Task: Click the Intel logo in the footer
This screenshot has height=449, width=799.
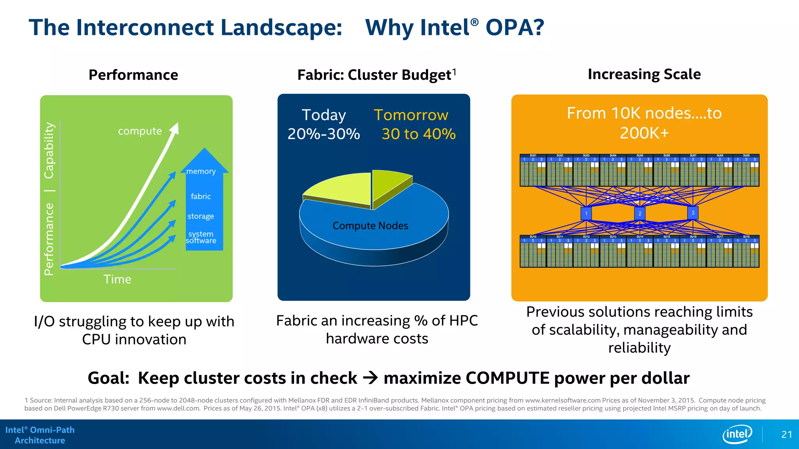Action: click(737, 434)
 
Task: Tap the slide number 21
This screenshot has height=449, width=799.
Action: click(787, 435)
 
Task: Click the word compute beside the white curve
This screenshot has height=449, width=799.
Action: click(140, 131)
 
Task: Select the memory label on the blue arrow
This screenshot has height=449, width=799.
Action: click(201, 171)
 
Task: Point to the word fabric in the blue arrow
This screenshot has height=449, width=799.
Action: click(201, 196)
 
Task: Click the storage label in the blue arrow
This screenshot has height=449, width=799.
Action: click(201, 216)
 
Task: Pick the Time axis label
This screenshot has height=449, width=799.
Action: click(117, 279)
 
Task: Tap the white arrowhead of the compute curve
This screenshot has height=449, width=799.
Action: click(175, 128)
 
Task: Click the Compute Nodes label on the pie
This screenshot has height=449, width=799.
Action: click(370, 226)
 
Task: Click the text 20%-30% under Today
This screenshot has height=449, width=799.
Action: click(323, 134)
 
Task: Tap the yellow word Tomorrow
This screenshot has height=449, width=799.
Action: click(411, 115)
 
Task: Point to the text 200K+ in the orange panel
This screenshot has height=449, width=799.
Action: click(644, 133)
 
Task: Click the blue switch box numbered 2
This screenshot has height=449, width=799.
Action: click(640, 213)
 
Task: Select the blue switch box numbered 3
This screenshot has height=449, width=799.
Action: click(693, 213)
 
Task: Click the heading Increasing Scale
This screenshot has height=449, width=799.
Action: click(644, 74)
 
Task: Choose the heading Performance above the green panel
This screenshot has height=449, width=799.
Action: click(133, 75)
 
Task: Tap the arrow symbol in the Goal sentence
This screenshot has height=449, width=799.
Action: click(370, 378)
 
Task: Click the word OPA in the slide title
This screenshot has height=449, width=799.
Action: click(514, 28)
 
